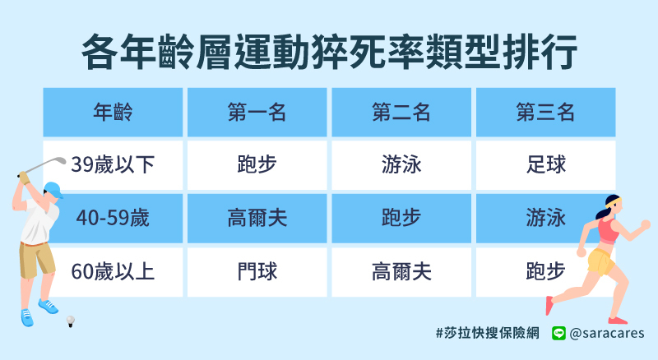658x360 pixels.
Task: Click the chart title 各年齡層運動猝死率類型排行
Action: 330,52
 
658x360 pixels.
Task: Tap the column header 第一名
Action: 257,113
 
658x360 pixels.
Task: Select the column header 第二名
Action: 401,113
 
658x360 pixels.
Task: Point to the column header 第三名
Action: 545,113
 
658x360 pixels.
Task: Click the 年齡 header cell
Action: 113,113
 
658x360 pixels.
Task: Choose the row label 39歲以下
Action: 113,164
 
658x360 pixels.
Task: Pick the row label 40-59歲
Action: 113,218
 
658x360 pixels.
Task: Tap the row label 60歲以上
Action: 113,271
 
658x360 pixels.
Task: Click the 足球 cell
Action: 545,164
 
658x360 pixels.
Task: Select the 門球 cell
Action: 257,271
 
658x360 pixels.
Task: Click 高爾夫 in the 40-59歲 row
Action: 257,218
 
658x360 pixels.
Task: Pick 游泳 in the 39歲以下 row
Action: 401,164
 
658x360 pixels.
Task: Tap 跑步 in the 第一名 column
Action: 257,164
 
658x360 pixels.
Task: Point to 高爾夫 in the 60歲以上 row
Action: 401,271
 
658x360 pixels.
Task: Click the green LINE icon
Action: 558,333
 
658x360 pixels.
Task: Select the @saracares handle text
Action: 607,334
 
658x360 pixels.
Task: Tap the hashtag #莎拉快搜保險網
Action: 488,333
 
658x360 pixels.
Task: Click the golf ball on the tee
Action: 71,321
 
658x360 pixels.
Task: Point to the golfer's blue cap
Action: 53,189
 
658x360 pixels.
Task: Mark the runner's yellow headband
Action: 614,203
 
